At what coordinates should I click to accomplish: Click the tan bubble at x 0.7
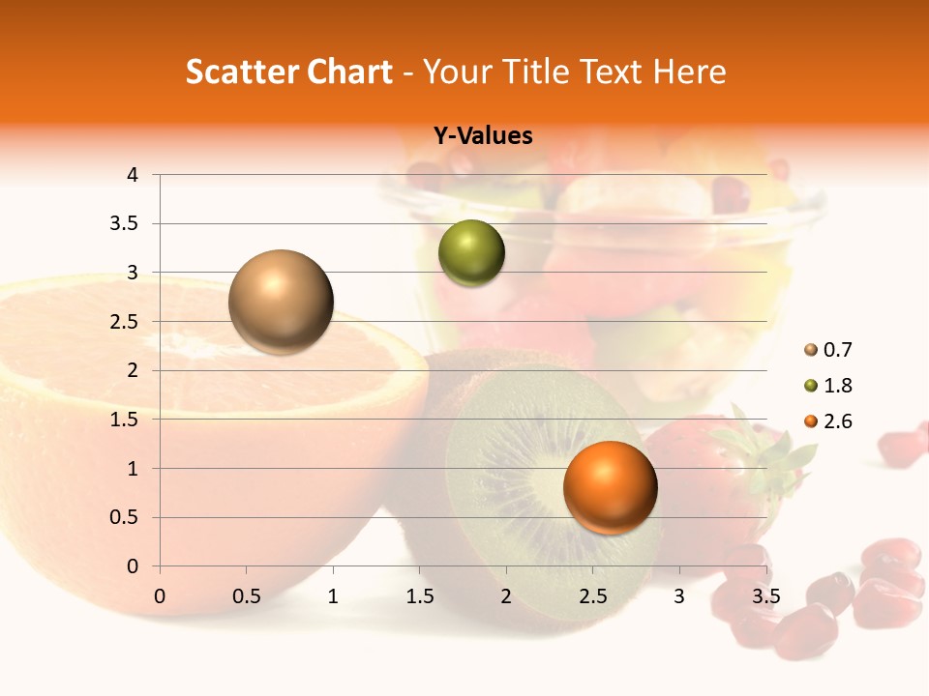pos(282,302)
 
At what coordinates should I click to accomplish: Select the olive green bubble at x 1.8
pos(471,253)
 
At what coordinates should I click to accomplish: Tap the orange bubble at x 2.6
pos(610,487)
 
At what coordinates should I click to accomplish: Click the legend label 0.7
pos(838,350)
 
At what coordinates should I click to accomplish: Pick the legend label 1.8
pos(838,386)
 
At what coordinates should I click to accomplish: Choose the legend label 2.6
pos(838,421)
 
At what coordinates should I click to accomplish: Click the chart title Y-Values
pos(482,136)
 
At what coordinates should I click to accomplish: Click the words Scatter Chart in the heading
pos(288,72)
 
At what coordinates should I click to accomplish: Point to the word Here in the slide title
pos(689,72)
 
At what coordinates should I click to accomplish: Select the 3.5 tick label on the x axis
pos(765,596)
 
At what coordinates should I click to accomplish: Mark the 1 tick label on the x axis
pos(333,596)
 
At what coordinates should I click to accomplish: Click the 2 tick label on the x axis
pos(506,596)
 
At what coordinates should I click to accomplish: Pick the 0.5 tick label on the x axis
pos(246,596)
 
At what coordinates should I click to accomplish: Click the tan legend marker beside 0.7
pos(811,350)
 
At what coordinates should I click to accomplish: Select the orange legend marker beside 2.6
pos(811,421)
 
